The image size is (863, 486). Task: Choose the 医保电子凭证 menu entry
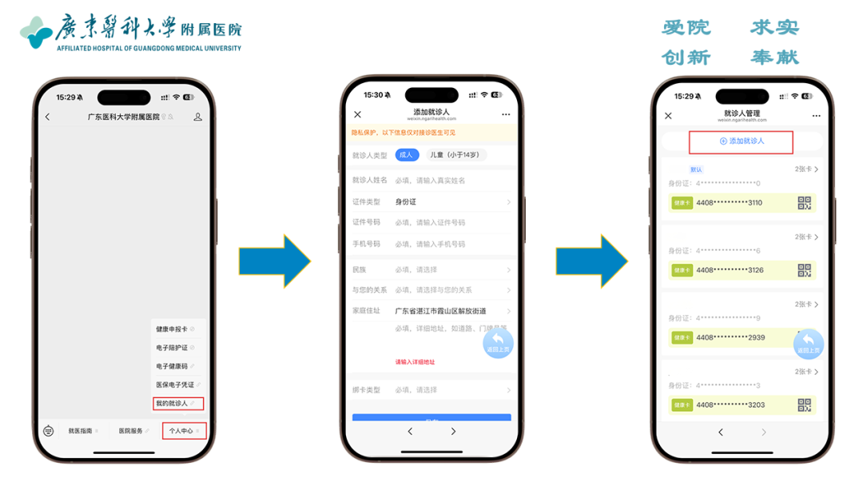[175, 385]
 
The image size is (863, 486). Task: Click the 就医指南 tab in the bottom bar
[82, 431]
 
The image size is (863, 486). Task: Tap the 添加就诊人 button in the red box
[741, 141]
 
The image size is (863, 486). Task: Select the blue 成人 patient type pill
[406, 155]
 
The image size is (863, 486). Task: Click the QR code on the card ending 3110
[805, 203]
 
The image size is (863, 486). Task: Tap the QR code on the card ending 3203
[805, 405]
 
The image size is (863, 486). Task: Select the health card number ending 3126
[730, 270]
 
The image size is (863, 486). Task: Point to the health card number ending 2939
[730, 338]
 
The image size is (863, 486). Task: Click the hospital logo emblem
[36, 32]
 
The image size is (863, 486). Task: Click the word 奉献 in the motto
[774, 58]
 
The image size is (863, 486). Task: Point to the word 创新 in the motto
[686, 58]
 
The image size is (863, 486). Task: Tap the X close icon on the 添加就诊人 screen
[357, 115]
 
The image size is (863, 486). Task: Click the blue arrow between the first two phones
[274, 261]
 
